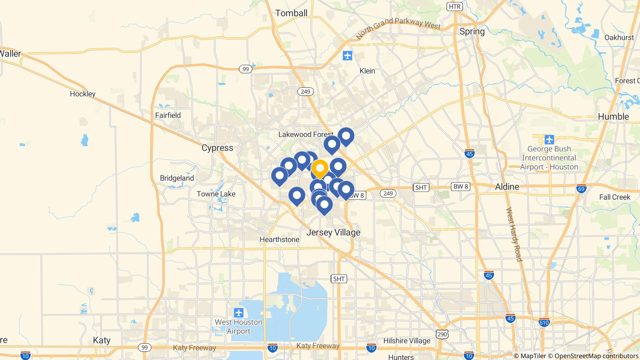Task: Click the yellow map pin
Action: [320, 168]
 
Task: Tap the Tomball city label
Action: [291, 13]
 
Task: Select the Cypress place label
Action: [217, 148]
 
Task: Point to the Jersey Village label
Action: [333, 232]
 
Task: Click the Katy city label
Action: [102, 340]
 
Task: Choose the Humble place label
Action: [613, 117]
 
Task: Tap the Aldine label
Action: [507, 187]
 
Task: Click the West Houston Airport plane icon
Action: [239, 312]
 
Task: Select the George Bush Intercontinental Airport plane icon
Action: [549, 139]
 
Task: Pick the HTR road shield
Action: [454, 7]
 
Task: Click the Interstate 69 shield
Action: [581, 189]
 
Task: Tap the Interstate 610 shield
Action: [544, 322]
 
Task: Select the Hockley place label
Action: [82, 94]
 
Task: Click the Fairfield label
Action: [168, 115]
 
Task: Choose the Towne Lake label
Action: [216, 194]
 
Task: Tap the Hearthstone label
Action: [279, 239]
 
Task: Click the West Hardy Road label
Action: [514, 234]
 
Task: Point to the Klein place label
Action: [367, 71]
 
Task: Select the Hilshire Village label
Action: [407, 341]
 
